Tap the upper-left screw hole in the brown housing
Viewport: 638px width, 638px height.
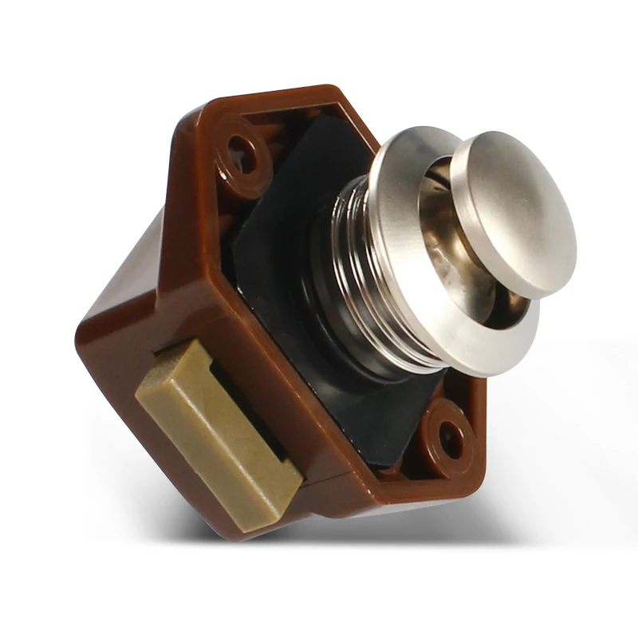[239, 148]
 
